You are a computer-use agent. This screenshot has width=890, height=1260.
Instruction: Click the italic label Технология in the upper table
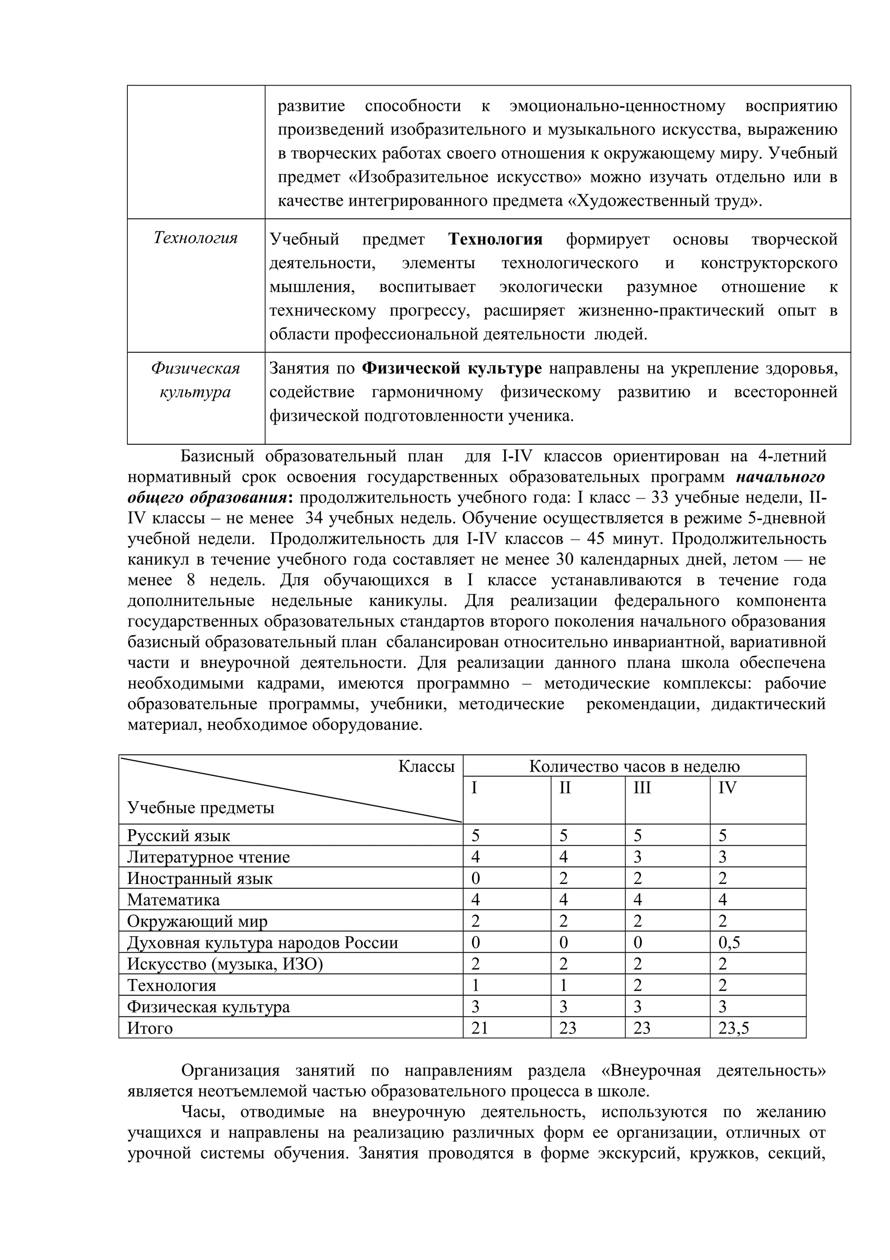point(195,238)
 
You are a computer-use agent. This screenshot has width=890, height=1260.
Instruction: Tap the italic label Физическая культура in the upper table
point(195,380)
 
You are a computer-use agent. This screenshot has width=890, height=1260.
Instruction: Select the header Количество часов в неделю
point(634,766)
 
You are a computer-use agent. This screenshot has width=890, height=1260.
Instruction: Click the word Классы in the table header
point(426,766)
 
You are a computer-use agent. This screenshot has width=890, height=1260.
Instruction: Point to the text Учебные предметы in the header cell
point(200,807)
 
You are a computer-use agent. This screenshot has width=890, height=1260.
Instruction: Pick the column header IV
point(727,788)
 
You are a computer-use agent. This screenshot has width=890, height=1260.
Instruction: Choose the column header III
point(642,788)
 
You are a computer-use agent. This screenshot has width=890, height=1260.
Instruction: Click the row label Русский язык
point(178,836)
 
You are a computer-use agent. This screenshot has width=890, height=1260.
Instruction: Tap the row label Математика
point(173,900)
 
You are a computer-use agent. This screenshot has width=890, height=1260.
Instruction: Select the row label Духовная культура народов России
point(262,943)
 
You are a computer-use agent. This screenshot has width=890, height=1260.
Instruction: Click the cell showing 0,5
point(729,943)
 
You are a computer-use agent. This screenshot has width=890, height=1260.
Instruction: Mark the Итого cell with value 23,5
point(733,1028)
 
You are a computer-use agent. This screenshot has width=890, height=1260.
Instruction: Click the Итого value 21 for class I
point(479,1028)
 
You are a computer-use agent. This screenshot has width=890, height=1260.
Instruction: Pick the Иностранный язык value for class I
point(475,879)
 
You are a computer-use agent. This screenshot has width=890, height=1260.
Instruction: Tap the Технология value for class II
point(563,986)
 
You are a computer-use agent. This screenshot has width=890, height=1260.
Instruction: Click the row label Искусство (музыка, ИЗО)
point(225,964)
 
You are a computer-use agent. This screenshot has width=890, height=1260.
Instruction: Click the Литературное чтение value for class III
point(637,857)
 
